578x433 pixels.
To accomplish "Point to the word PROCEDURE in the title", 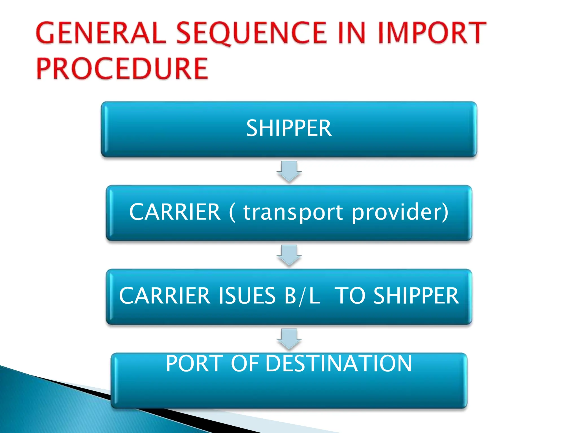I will click(122, 69).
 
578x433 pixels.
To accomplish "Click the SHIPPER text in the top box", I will click(289, 128).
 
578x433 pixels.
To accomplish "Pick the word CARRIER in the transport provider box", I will click(175, 212).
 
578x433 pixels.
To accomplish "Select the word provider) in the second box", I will click(400, 212).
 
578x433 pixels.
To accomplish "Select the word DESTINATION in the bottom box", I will click(339, 363).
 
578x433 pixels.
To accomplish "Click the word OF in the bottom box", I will click(245, 363).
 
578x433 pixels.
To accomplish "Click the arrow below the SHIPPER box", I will click(289, 171).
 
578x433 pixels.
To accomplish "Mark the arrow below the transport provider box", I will click(289, 255).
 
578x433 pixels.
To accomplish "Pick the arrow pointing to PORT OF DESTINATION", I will click(289, 339).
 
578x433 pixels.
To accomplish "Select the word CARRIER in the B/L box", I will click(165, 296).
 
